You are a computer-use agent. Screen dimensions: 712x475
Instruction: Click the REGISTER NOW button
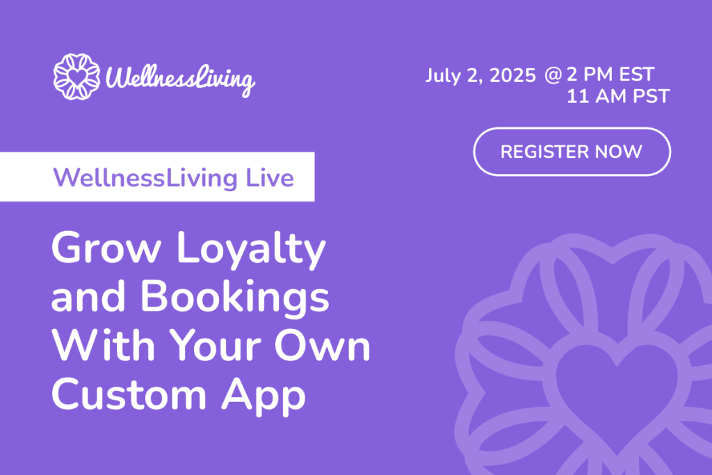(572, 152)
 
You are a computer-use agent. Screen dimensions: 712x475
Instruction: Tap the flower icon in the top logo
(76, 77)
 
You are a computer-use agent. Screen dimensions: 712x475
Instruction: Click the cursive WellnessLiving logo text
(180, 80)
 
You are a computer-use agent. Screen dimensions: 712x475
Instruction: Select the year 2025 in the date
(512, 75)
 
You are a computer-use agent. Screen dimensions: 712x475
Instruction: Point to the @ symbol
(553, 75)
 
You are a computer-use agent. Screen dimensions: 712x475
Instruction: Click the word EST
(637, 74)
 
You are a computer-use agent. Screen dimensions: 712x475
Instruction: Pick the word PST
(652, 96)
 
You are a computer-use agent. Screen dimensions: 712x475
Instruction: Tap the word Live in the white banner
(270, 177)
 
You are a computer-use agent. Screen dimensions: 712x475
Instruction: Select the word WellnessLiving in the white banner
(145, 179)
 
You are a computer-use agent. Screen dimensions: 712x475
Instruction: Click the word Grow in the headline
(106, 248)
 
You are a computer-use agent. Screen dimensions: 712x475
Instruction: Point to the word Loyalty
(251, 250)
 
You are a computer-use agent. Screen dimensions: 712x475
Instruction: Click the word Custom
(129, 394)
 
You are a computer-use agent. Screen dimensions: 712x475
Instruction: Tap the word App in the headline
(264, 397)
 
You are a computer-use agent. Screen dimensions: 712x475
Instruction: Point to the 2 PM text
(590, 74)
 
